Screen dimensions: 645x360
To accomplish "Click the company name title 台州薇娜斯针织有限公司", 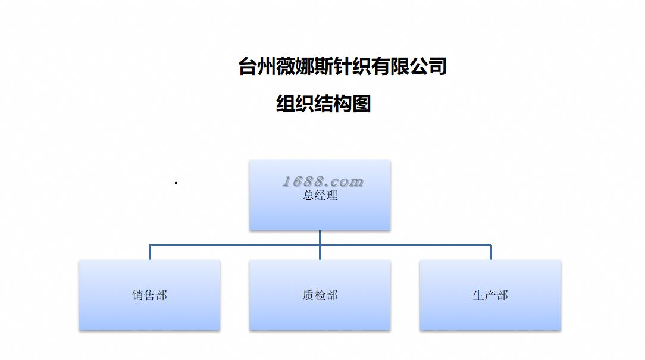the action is tap(342, 66).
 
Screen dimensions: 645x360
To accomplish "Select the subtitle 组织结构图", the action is tap(324, 104).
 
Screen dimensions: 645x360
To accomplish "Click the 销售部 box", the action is tap(149, 312).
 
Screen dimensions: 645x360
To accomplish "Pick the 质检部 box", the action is tap(320, 312).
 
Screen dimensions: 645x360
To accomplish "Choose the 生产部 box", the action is tap(490, 312).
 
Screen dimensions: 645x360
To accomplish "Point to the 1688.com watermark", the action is tap(322, 181).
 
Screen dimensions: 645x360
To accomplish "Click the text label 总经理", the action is tap(320, 195).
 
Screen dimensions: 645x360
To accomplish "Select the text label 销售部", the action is tap(149, 295).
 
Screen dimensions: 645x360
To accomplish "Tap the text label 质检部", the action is tap(320, 295).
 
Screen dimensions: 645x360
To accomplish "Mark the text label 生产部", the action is tap(490, 295).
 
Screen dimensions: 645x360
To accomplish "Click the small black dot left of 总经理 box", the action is tap(176, 183).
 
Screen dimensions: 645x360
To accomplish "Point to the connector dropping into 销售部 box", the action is tap(149, 252).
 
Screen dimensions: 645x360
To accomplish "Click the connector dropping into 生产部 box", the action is tap(491, 252).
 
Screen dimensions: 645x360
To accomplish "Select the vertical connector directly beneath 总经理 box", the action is tap(320, 237).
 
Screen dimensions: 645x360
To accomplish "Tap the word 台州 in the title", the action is tap(256, 66).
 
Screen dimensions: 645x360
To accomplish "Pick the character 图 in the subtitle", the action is tap(362, 104).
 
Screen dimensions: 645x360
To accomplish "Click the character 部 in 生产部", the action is tap(502, 295).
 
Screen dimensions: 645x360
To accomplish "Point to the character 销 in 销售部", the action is tap(137, 295).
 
